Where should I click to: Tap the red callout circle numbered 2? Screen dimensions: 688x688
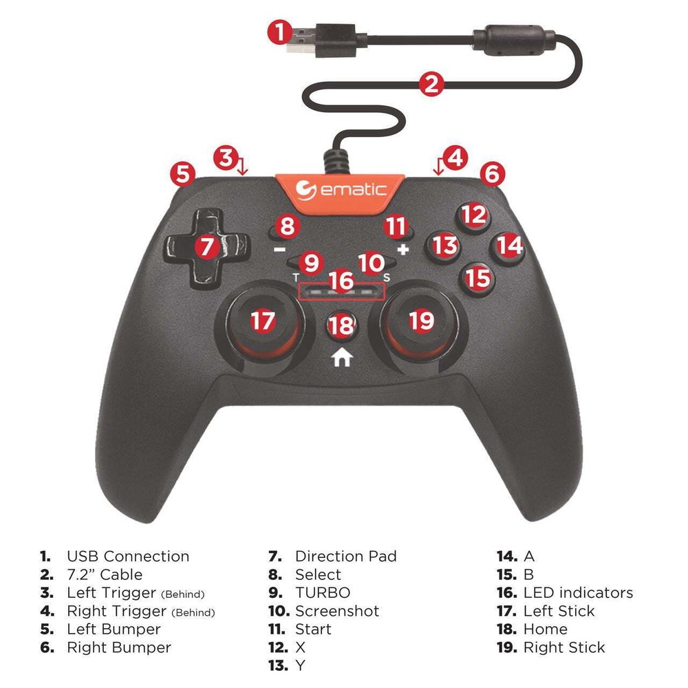tap(431, 85)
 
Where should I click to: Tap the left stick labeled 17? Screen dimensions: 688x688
tap(262, 321)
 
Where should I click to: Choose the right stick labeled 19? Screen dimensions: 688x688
tap(421, 321)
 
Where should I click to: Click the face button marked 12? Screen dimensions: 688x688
tap(473, 216)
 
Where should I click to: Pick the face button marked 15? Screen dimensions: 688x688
tap(477, 278)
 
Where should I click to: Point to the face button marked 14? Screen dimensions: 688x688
tap(509, 245)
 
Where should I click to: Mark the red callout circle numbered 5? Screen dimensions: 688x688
tap(182, 173)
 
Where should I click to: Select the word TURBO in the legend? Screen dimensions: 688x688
tap(322, 593)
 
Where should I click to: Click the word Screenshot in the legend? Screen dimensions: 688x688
tap(337, 611)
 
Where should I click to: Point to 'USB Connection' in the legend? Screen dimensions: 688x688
tap(127, 557)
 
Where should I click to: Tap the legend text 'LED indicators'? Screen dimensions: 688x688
tap(578, 593)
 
